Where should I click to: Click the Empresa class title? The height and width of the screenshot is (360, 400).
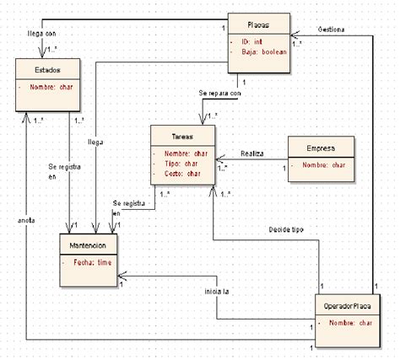321,148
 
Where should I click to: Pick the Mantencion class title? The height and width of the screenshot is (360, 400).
89,244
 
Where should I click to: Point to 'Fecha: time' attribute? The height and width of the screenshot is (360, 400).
94,263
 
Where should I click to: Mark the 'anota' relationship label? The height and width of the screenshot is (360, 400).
25,220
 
